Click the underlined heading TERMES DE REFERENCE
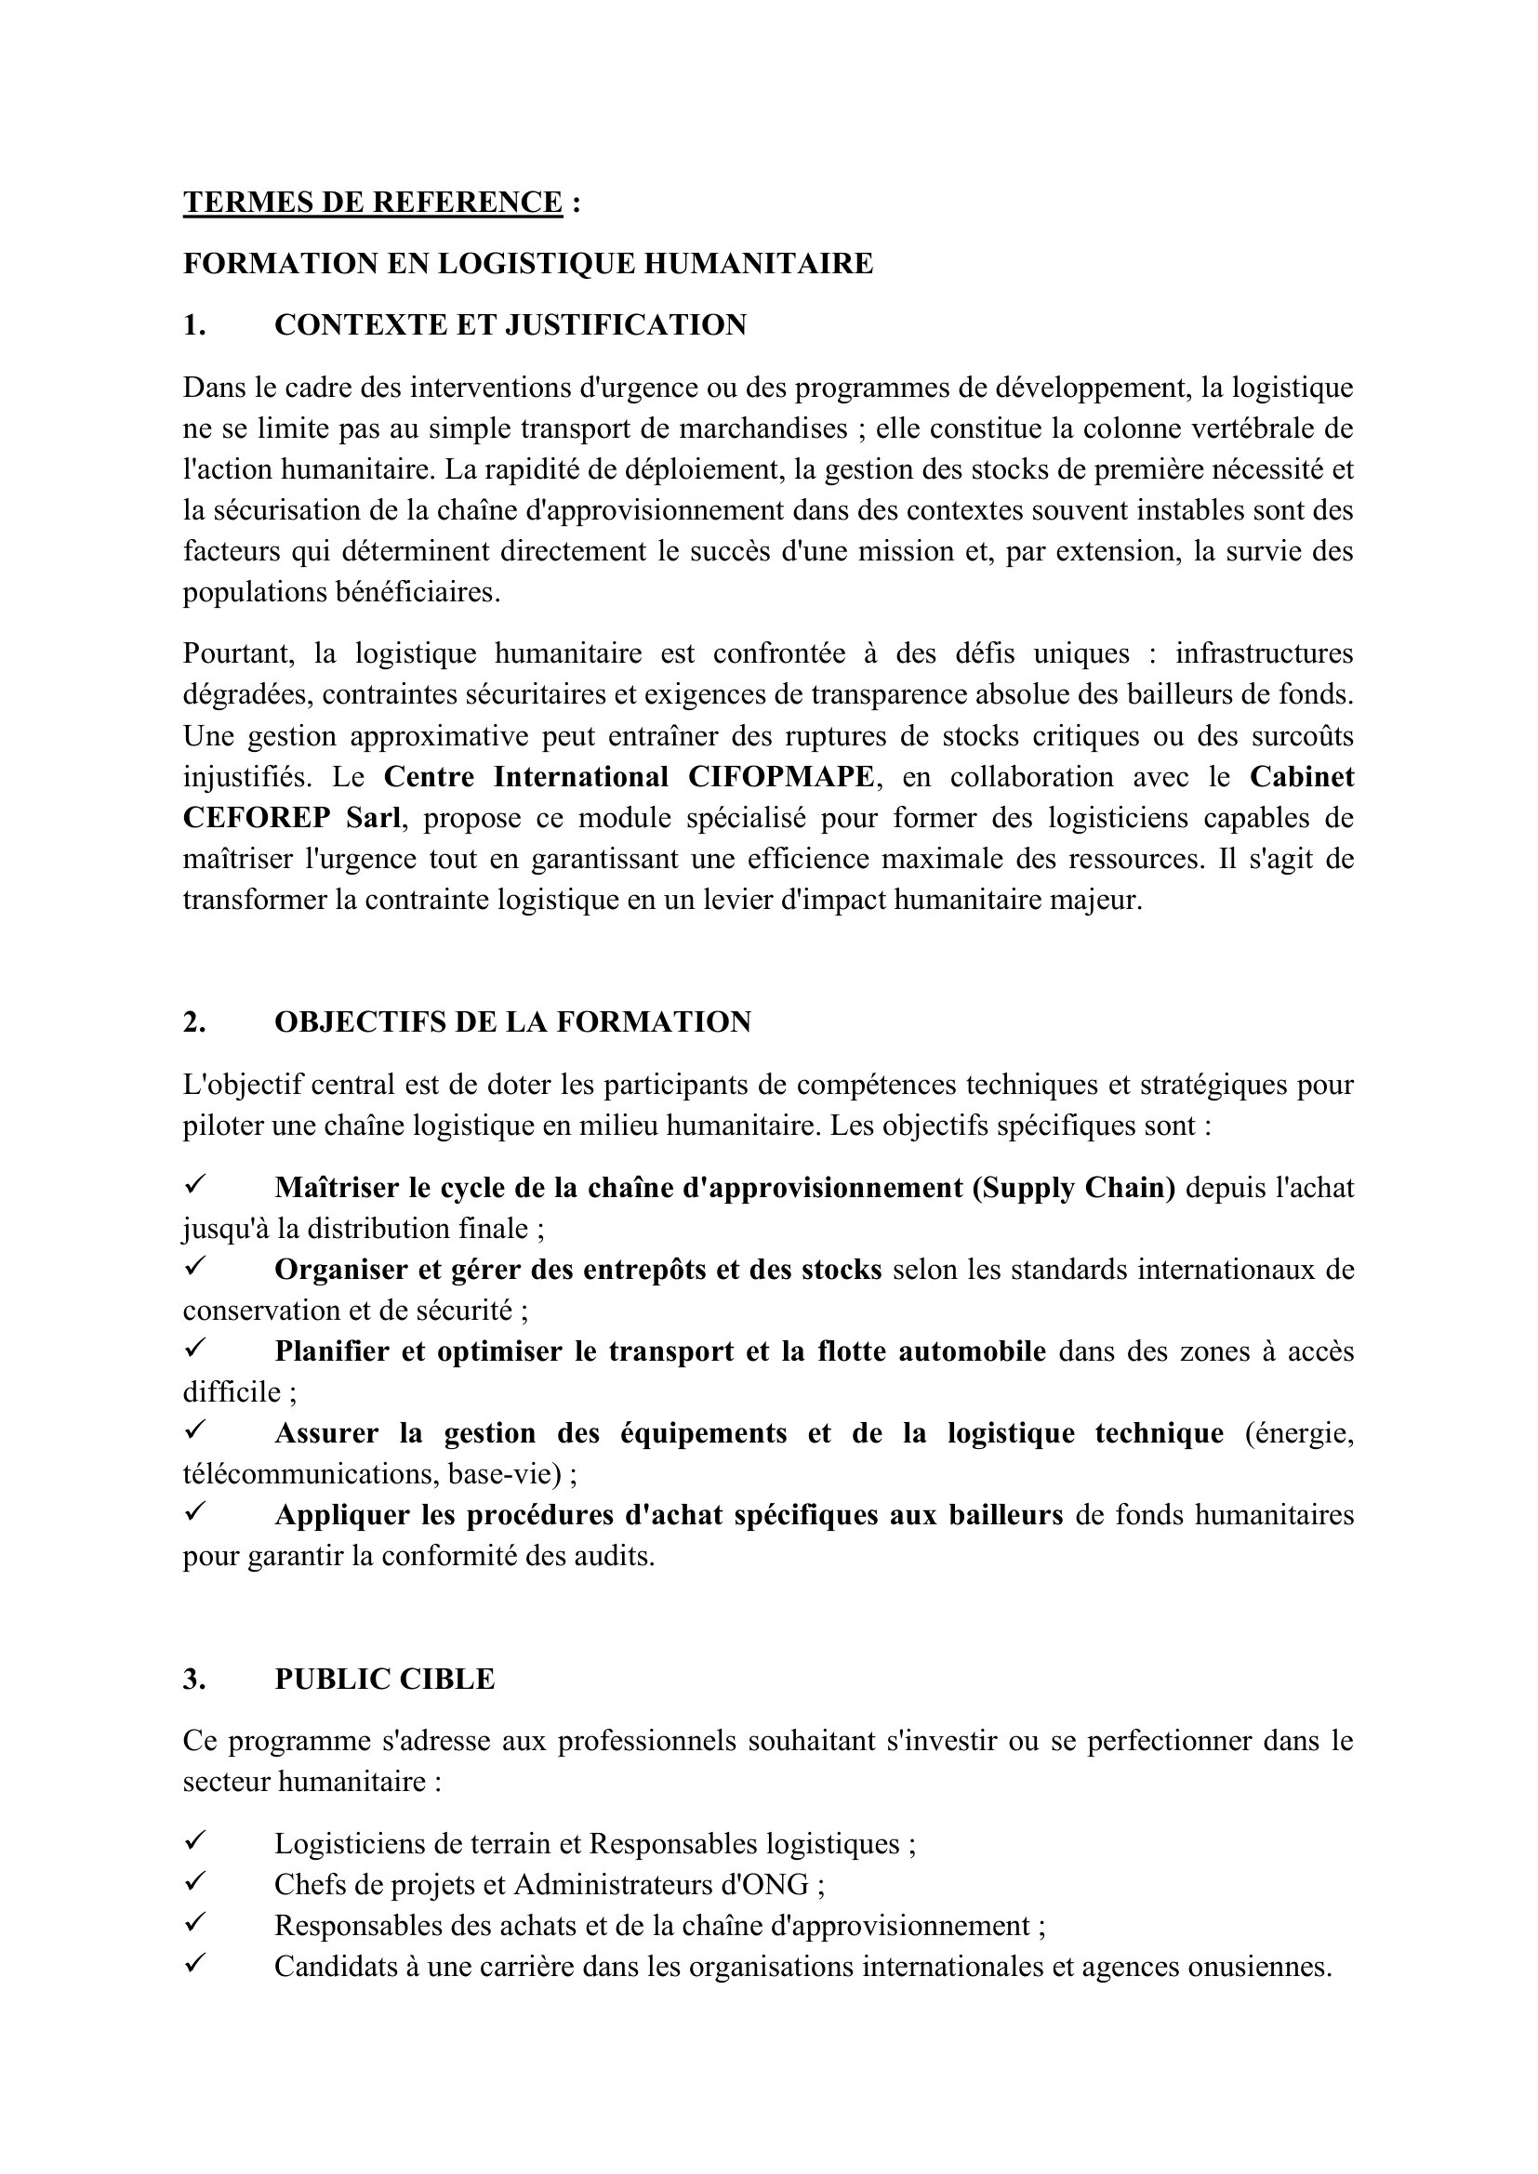[373, 203]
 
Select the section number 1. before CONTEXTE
[194, 324]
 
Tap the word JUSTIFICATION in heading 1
[625, 324]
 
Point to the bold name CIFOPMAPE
[781, 776]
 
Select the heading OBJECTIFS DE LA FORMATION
[512, 1021]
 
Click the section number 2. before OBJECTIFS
[194, 1021]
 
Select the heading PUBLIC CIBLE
[385, 1679]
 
